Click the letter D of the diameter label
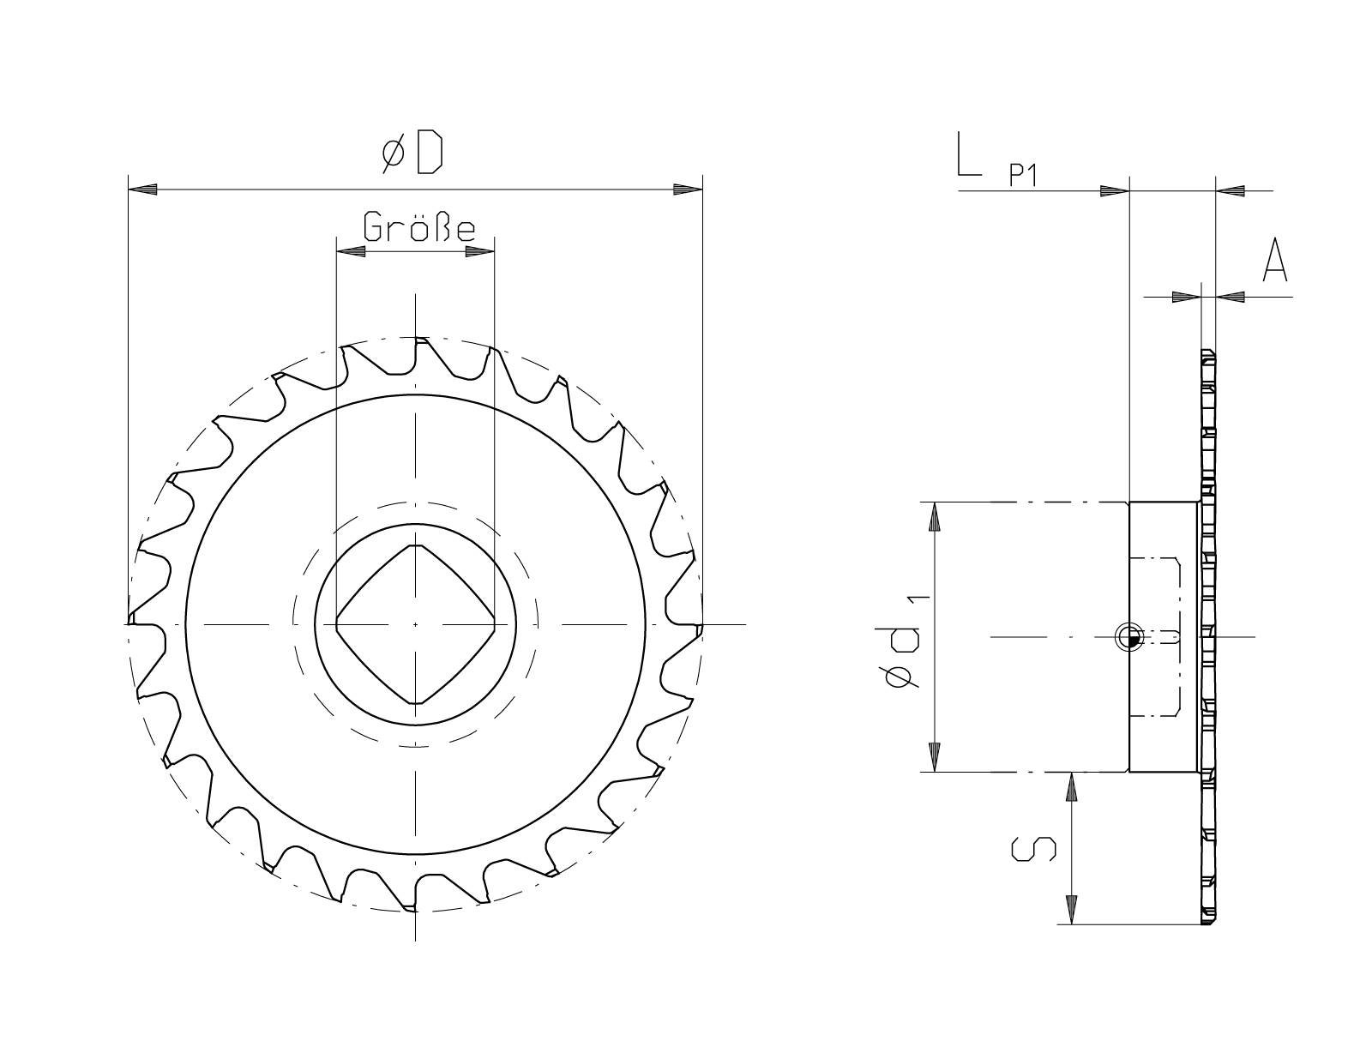pyautogui.click(x=430, y=152)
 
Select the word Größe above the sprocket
pyautogui.click(x=419, y=227)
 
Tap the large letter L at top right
pyautogui.click(x=969, y=153)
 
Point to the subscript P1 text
pyautogui.click(x=1023, y=175)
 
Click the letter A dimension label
pyautogui.click(x=1275, y=260)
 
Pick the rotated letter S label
pyautogui.click(x=1033, y=848)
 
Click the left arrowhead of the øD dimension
pyautogui.click(x=142, y=190)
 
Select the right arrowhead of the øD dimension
pyautogui.click(x=689, y=190)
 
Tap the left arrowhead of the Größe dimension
pyautogui.click(x=351, y=252)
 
